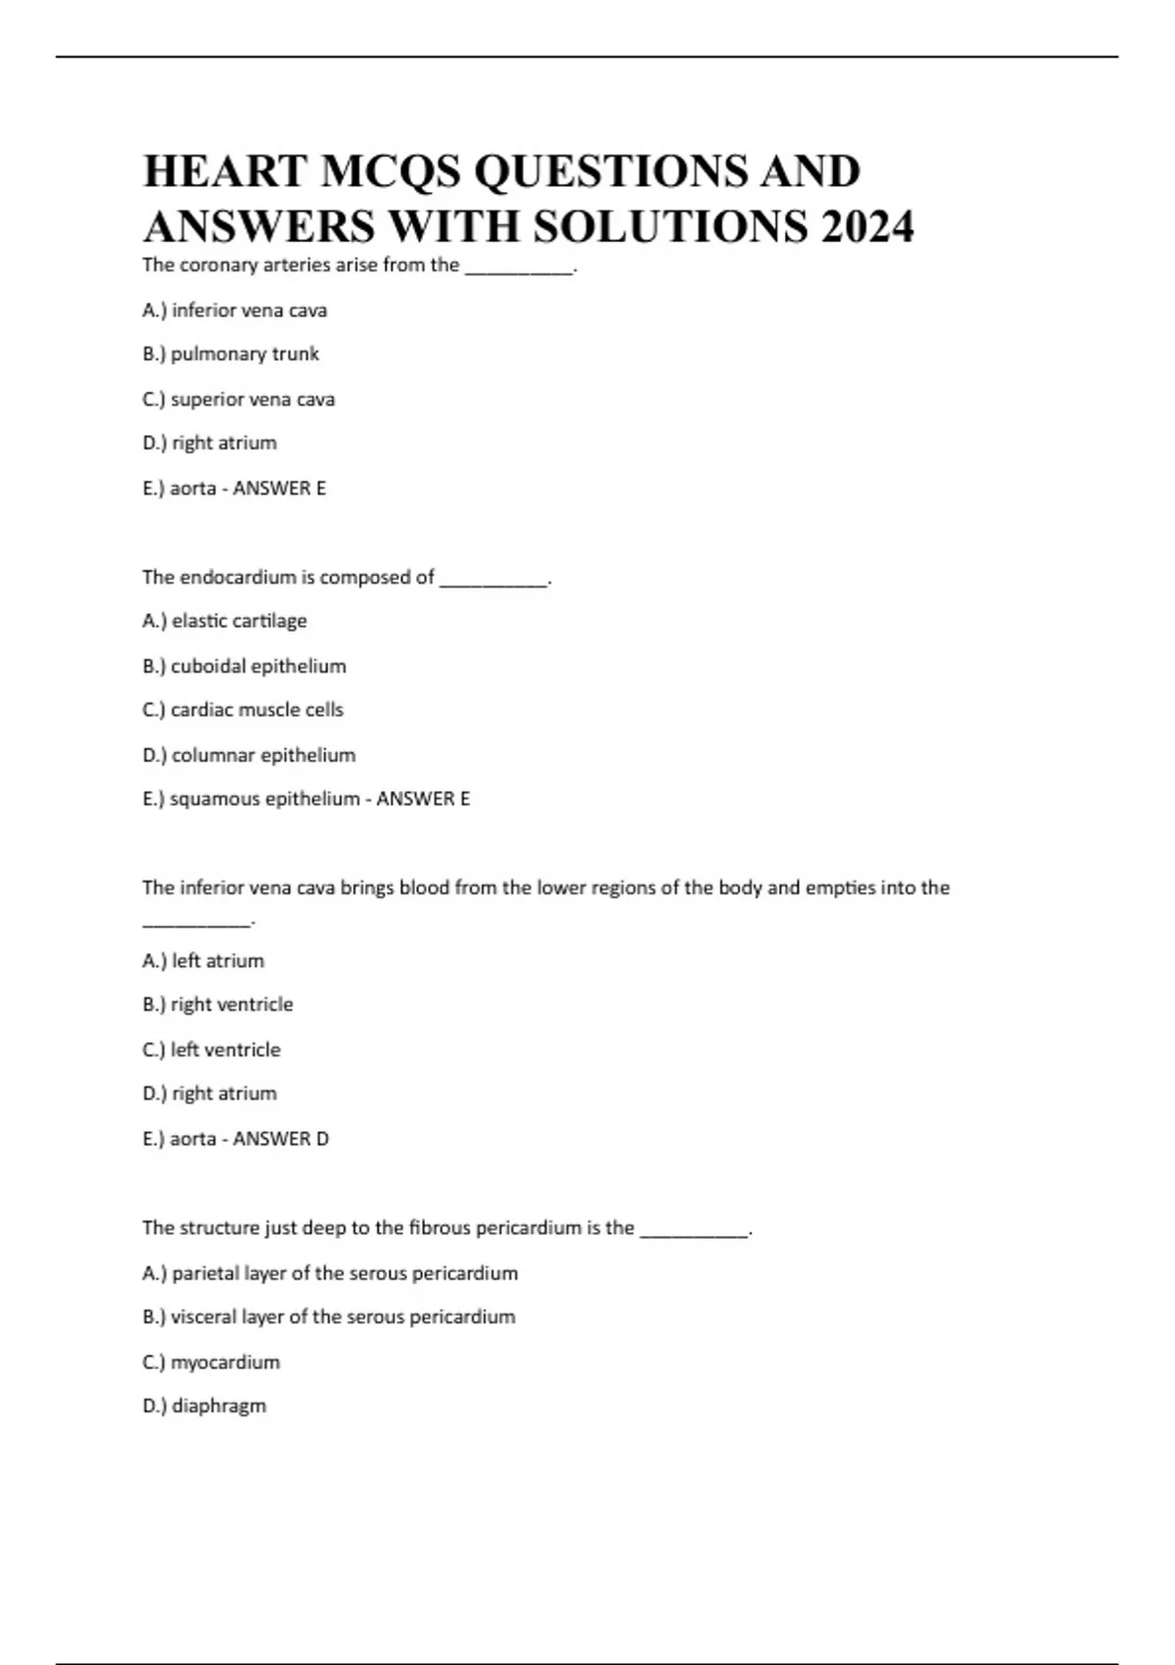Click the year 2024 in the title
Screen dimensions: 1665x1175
coord(868,226)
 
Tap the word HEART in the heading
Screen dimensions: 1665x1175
coord(225,171)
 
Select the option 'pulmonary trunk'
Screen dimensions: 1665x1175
coord(244,354)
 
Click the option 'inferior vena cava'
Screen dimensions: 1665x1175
coord(249,310)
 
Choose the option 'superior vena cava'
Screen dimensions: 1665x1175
coord(252,400)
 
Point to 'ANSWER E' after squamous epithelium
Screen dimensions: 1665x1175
coord(423,799)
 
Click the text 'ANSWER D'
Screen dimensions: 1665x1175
coord(280,1139)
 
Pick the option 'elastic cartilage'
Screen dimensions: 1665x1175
coord(239,621)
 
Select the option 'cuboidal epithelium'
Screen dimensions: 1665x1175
coord(258,666)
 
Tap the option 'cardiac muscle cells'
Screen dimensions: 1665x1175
coord(257,710)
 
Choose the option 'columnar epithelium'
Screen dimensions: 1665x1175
coord(262,755)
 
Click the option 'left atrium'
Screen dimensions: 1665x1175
coord(217,961)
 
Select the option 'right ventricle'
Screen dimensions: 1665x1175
coord(231,1005)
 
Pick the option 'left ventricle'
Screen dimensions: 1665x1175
coord(225,1050)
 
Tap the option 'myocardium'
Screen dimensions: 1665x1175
coord(224,1362)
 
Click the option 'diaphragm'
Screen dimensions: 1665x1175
coord(218,1406)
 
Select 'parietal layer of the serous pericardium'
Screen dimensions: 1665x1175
coord(344,1273)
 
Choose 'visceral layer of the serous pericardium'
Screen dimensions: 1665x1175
coord(343,1317)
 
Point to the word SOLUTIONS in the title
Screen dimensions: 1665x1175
coord(671,226)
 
